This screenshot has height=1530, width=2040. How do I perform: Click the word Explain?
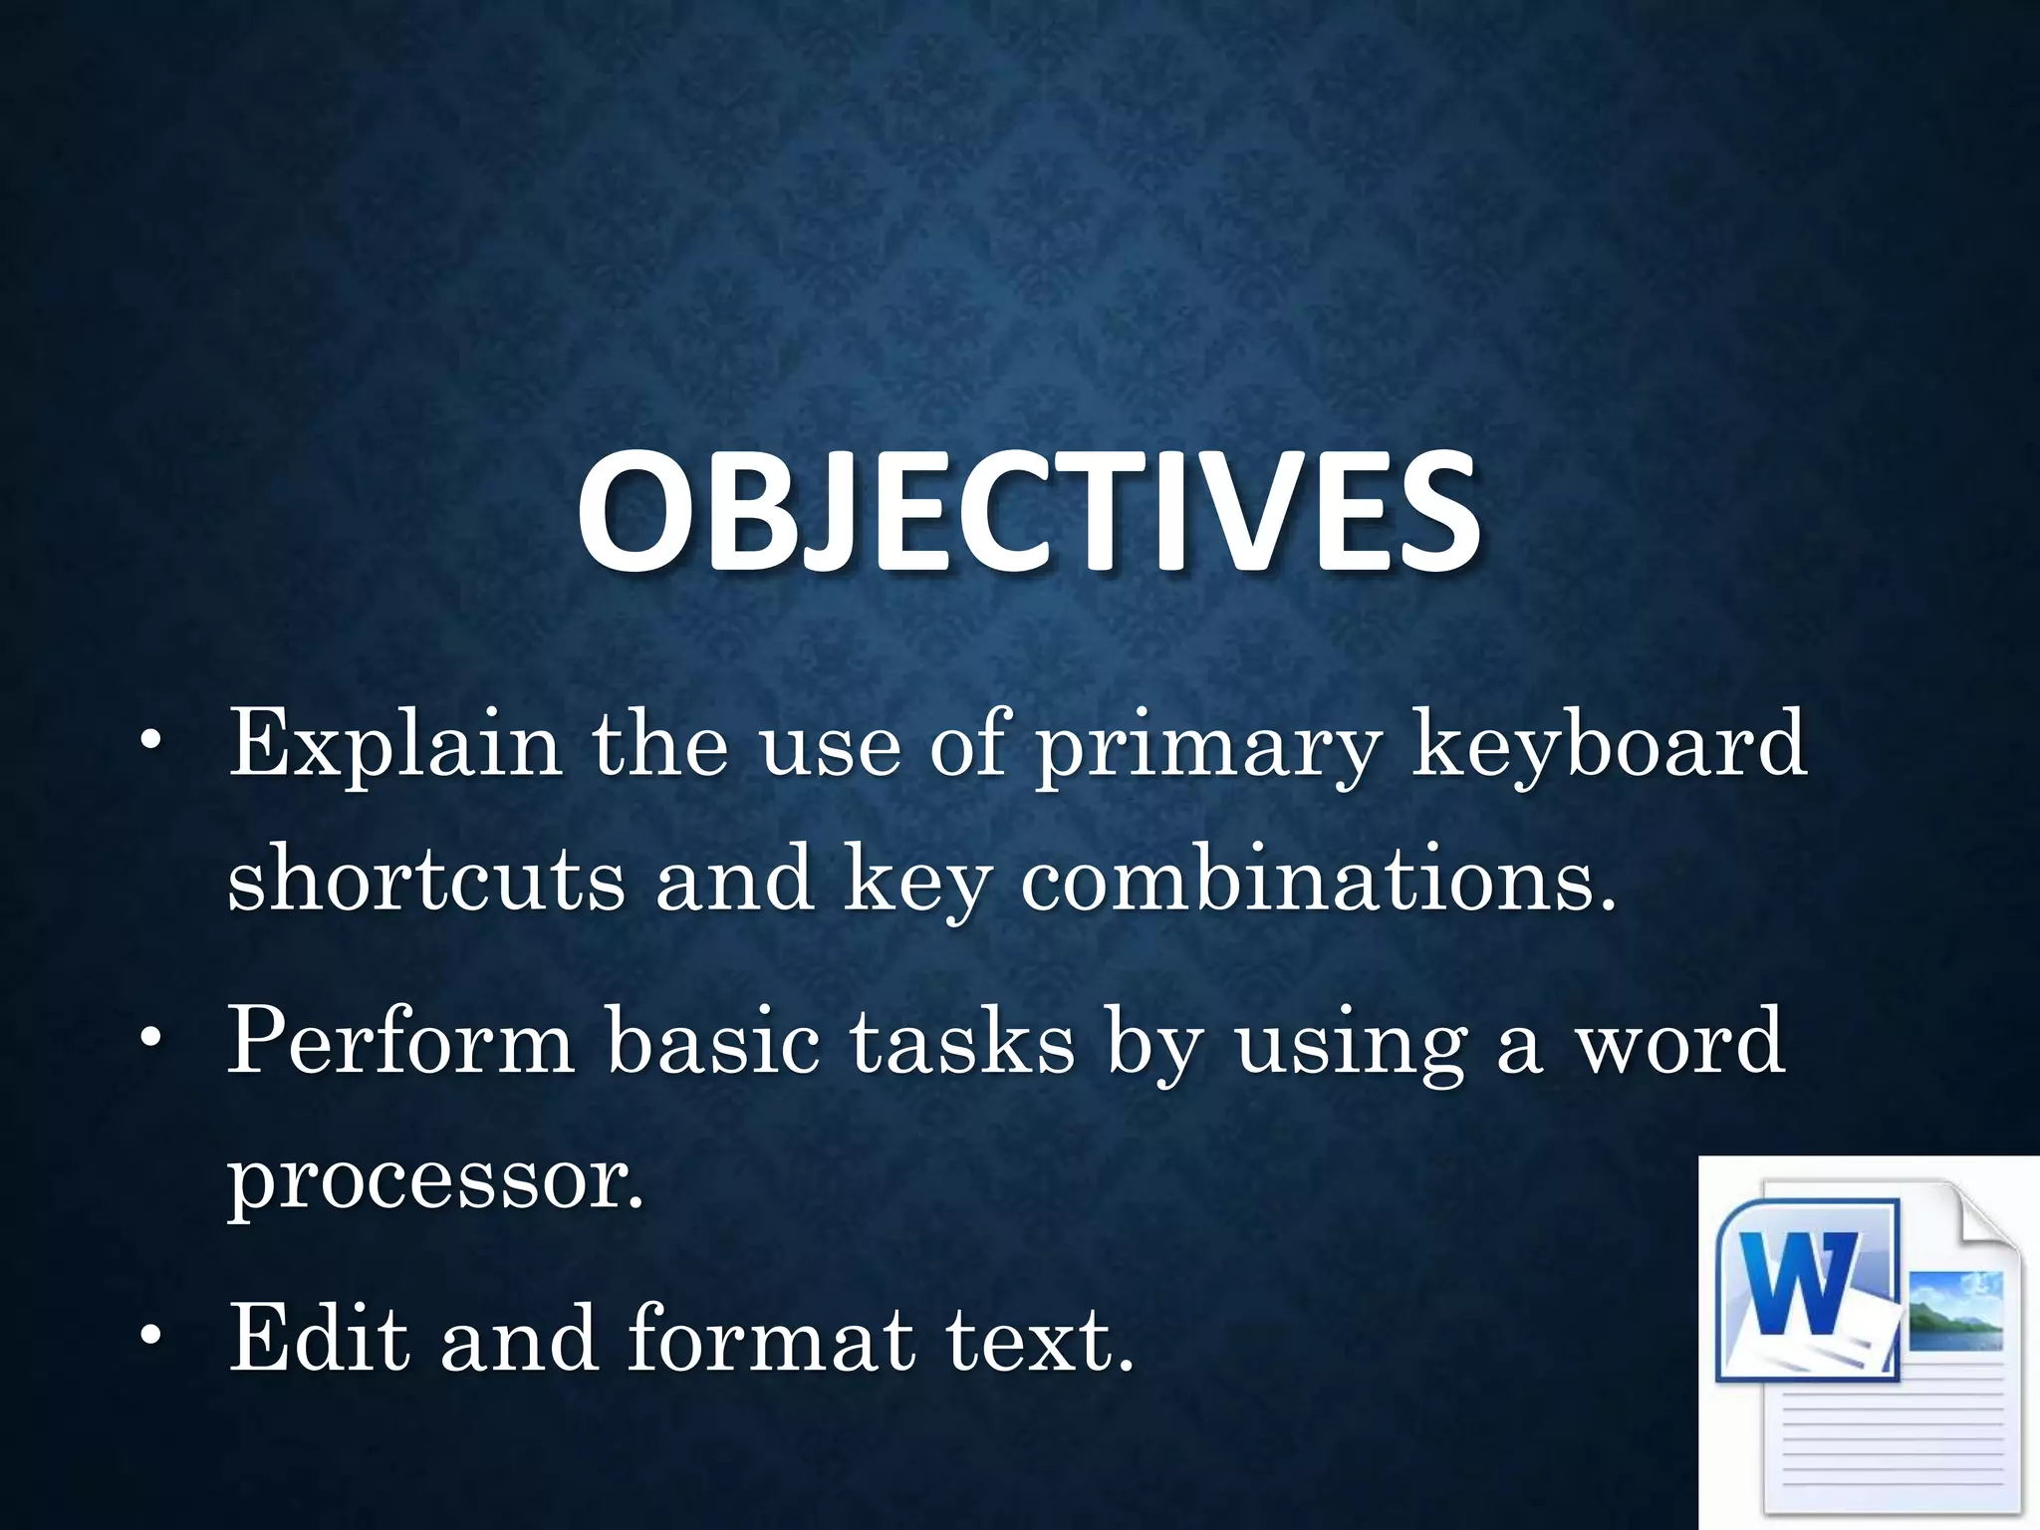[394, 745]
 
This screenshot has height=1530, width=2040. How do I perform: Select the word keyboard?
[1609, 745]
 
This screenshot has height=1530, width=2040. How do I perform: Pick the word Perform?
[401, 1042]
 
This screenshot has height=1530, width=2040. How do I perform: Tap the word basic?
[713, 1042]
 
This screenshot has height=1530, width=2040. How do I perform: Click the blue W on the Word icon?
[1804, 1285]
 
